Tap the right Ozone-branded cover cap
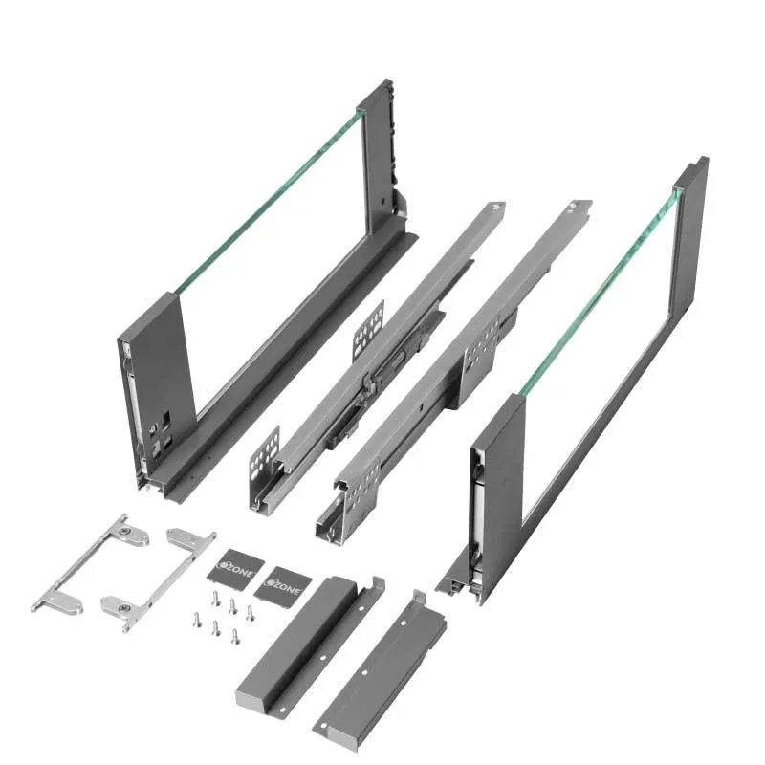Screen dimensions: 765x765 click(283, 581)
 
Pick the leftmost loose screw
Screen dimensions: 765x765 click(197, 619)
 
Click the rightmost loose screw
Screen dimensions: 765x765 click(251, 612)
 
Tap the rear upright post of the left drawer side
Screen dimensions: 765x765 click(377, 153)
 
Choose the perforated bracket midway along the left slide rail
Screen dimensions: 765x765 click(368, 330)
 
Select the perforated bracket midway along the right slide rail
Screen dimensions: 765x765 click(481, 349)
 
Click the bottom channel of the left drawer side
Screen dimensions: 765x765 click(287, 373)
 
